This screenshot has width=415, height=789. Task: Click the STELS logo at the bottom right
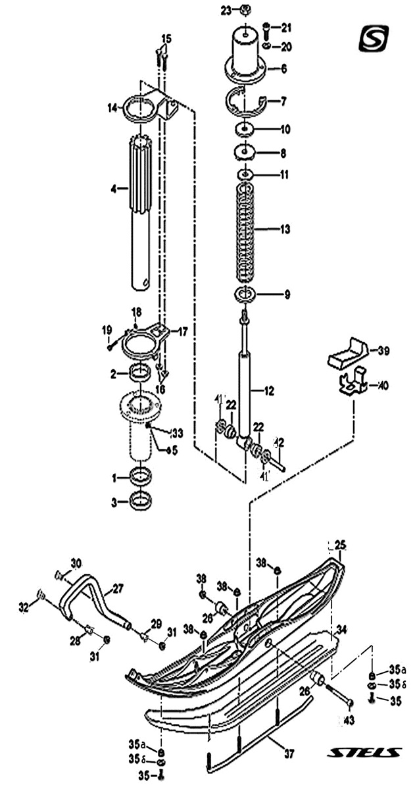click(366, 752)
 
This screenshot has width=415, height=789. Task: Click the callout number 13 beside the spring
click(285, 230)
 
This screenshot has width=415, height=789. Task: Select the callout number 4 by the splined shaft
click(112, 189)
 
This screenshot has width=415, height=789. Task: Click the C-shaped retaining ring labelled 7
click(244, 100)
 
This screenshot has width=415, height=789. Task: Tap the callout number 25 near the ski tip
click(341, 544)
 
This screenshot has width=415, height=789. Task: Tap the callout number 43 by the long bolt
click(349, 721)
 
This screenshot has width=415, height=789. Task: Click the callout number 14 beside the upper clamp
click(112, 107)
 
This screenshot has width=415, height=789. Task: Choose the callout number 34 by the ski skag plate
click(341, 630)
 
